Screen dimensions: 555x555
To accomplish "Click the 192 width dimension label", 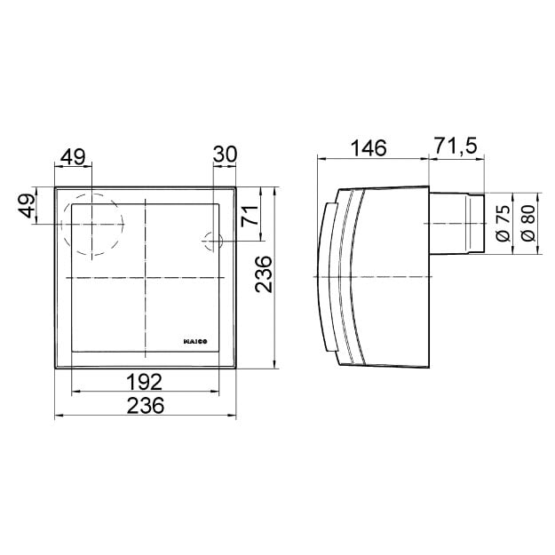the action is click(145, 382).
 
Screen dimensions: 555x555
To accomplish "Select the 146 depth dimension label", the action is click(369, 148).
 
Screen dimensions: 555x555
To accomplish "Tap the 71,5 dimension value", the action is click(456, 146).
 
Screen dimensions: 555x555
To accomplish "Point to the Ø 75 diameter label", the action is click(503, 224).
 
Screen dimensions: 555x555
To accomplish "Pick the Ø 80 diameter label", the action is click(528, 224).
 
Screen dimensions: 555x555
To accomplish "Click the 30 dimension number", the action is click(225, 155).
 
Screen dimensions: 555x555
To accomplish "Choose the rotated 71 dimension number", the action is click(250, 216).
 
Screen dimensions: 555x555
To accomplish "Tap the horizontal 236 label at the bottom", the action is click(146, 405).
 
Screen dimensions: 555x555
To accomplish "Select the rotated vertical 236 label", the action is click(264, 274).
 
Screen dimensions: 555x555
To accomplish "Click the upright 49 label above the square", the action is click(73, 157).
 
